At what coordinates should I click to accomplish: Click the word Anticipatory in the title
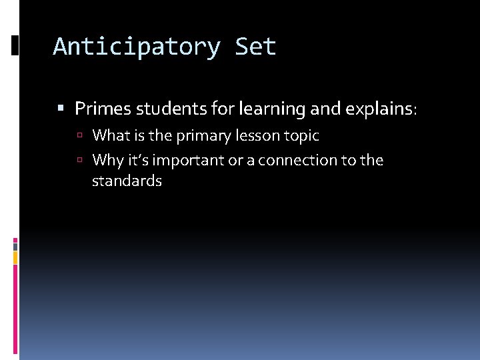tap(137, 47)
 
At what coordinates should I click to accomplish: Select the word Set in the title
tap(256, 47)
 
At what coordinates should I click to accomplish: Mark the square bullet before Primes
tap(62, 108)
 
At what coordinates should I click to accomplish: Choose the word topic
tap(299, 136)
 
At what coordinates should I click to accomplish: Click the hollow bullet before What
tap(79, 136)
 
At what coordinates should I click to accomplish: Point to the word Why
tap(107, 160)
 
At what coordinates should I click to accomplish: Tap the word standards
tap(127, 181)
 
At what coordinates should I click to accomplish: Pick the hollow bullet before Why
tap(79, 160)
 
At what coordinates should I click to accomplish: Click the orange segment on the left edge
tap(15, 257)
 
